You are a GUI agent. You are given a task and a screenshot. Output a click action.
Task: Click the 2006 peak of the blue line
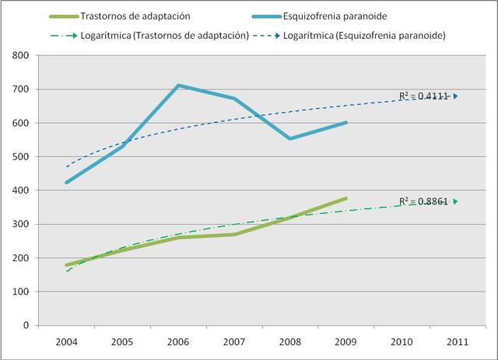(x=179, y=86)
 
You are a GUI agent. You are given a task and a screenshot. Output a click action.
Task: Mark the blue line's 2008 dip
(x=289, y=138)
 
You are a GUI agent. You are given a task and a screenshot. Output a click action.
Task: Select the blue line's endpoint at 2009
(x=345, y=122)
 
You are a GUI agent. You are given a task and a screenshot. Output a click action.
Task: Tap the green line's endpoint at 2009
(x=345, y=198)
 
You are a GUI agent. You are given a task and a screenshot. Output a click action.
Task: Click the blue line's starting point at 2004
(x=68, y=183)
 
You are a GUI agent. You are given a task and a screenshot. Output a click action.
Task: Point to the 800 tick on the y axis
(x=21, y=55)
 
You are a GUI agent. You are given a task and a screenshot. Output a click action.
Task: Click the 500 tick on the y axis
(x=21, y=156)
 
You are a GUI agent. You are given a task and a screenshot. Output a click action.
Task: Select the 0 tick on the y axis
(x=26, y=325)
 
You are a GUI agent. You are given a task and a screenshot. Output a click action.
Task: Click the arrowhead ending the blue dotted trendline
(x=455, y=96)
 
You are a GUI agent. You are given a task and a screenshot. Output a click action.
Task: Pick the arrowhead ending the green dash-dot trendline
(x=455, y=201)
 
